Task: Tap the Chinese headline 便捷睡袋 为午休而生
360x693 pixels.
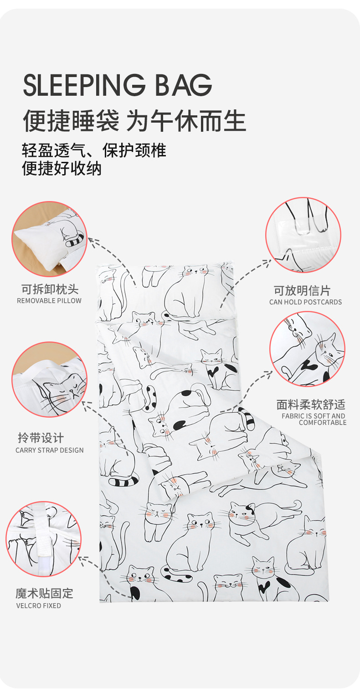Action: click(x=134, y=120)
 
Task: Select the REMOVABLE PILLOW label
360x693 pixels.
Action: click(x=49, y=301)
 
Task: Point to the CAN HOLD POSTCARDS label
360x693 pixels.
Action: click(x=305, y=302)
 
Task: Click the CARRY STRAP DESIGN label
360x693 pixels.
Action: click(x=50, y=450)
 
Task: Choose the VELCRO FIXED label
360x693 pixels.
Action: click(x=39, y=606)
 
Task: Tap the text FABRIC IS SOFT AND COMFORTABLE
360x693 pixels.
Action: click(x=314, y=419)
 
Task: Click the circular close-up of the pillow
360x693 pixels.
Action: click(x=49, y=239)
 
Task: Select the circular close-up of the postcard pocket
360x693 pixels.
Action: click(x=303, y=235)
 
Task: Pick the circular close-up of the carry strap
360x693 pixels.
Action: click(x=49, y=379)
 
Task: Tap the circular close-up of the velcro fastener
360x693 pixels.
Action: click(x=43, y=539)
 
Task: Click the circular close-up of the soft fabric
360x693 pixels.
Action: click(x=307, y=349)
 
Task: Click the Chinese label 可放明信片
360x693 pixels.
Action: click(x=302, y=290)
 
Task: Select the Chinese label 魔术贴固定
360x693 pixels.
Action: click(x=44, y=593)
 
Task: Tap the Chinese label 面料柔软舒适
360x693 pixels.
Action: click(x=311, y=404)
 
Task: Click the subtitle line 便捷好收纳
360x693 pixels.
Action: click(x=62, y=169)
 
